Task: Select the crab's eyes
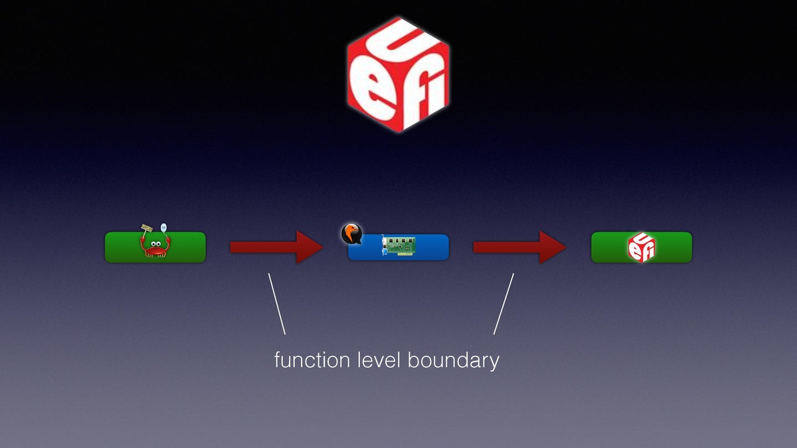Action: [155, 244]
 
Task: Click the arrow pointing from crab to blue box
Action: [276, 247]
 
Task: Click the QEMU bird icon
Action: [351, 233]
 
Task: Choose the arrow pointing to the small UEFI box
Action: [519, 247]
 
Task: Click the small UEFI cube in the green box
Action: [642, 247]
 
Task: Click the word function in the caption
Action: [312, 360]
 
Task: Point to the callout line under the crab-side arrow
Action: [277, 303]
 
